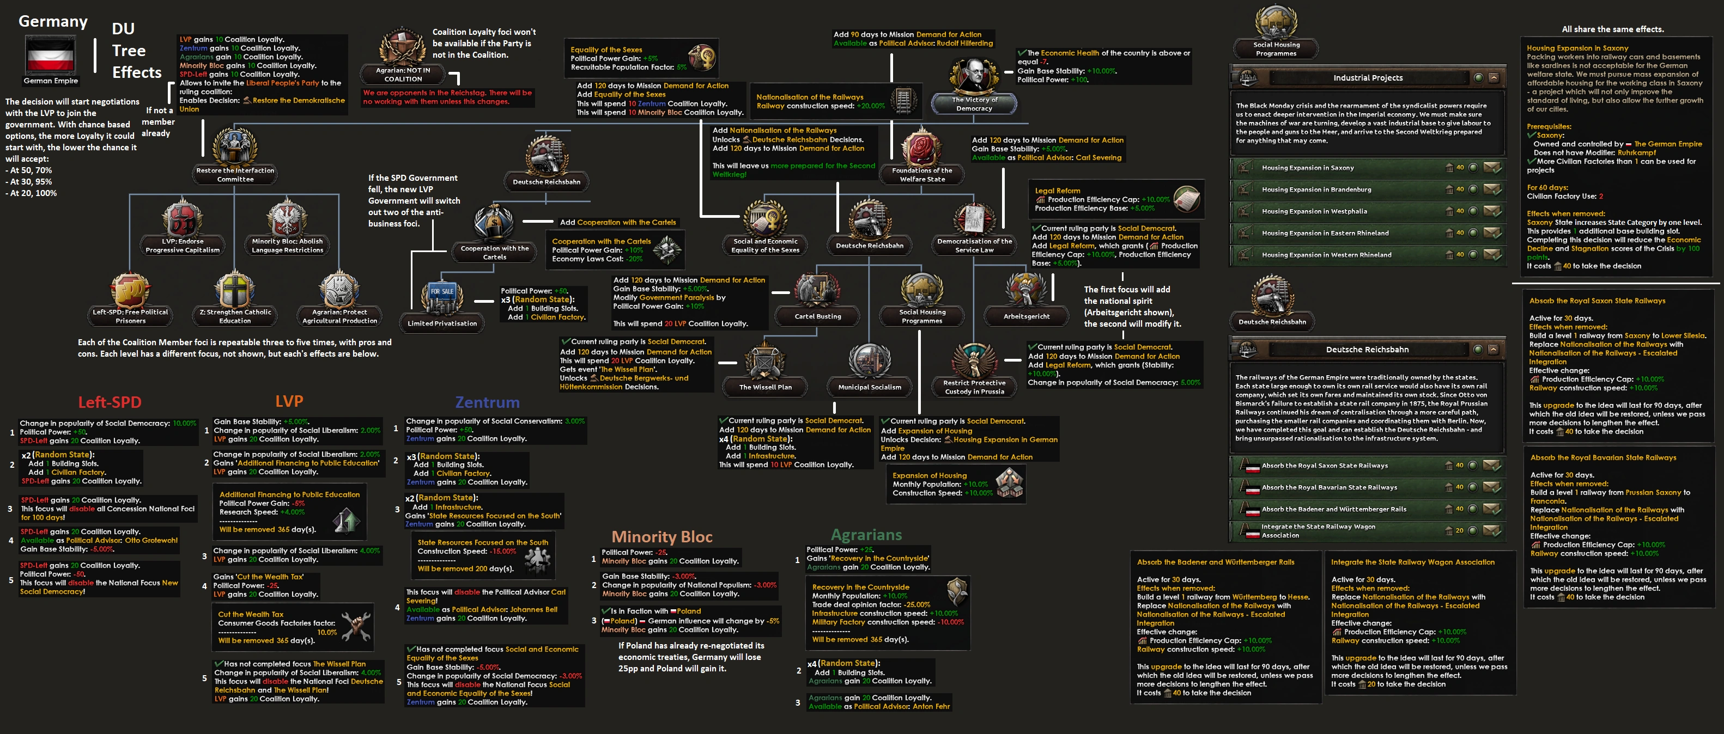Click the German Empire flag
coord(50,56)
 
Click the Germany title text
coord(53,21)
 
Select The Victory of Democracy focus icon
coord(974,77)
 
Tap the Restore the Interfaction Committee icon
coord(234,147)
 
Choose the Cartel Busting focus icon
coord(817,292)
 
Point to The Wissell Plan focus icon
coord(765,363)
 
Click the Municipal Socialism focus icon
coord(870,363)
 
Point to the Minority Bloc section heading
coord(661,537)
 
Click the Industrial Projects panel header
coord(1367,78)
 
